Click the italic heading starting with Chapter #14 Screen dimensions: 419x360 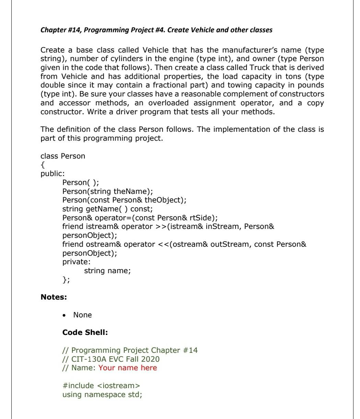coord(156,30)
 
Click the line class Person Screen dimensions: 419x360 coord(63,156)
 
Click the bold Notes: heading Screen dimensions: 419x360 coord(54,287)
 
